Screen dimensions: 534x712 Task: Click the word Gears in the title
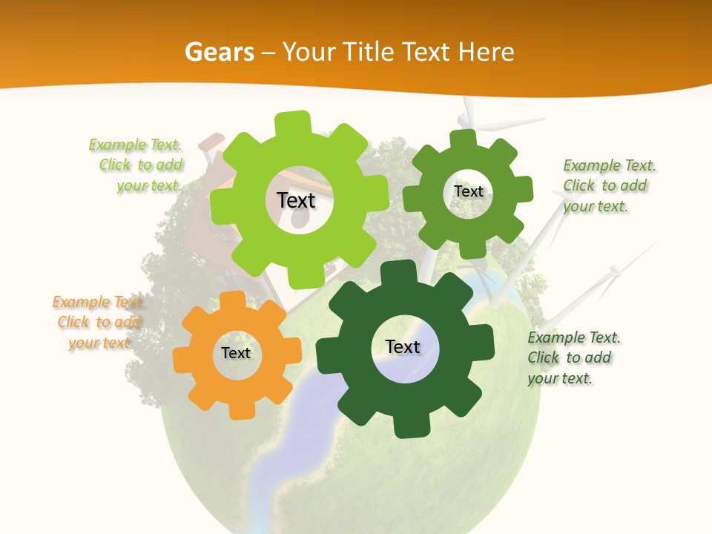click(218, 52)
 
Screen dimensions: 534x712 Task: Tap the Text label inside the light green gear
click(296, 200)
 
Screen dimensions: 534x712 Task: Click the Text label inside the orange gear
click(236, 354)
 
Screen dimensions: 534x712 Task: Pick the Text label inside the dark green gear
click(403, 347)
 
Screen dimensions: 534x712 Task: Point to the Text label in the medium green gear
click(469, 191)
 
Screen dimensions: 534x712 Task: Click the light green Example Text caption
click(138, 165)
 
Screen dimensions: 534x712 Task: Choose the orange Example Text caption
click(98, 323)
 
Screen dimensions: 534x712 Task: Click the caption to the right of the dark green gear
click(573, 358)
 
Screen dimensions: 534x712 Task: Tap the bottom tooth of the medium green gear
click(461, 247)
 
